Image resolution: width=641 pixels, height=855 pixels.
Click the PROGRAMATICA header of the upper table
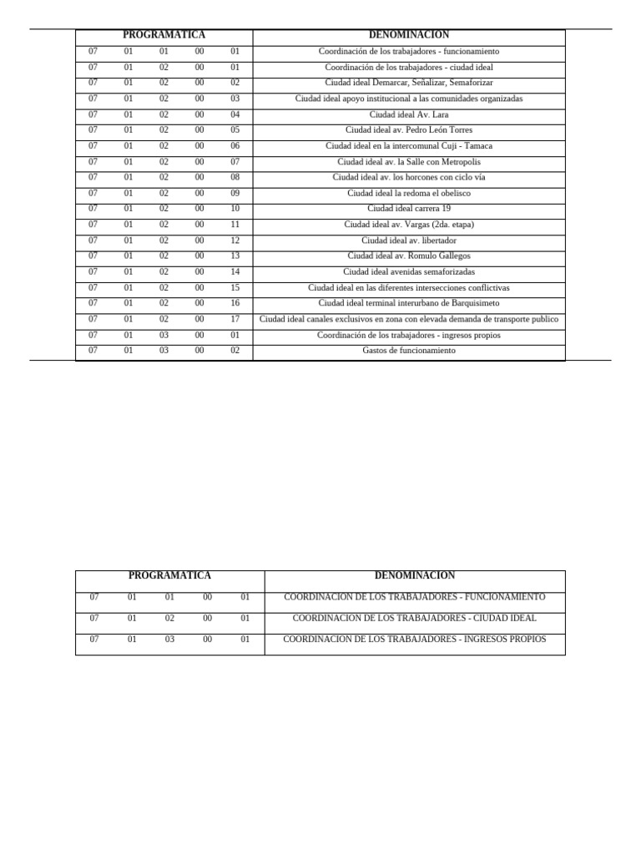tap(164, 35)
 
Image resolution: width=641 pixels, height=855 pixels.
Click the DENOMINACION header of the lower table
tap(415, 575)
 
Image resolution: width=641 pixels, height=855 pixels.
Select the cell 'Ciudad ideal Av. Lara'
tap(409, 114)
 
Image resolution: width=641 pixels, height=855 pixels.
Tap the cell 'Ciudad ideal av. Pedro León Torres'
tap(409, 130)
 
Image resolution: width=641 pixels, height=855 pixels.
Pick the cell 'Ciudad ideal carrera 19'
tap(409, 209)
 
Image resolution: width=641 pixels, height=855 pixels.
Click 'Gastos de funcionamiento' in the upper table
tap(409, 351)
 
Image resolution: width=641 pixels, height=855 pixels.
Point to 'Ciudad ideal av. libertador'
tap(409, 240)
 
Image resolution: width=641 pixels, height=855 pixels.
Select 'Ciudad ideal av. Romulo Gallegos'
tap(409, 255)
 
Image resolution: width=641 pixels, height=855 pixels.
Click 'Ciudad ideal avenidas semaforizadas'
tap(409, 271)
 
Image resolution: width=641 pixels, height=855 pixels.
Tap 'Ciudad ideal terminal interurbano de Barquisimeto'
tap(409, 303)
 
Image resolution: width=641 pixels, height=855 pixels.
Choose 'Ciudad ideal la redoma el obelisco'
tap(409, 193)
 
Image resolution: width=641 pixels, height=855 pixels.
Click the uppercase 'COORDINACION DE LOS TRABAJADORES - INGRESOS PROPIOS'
tap(415, 640)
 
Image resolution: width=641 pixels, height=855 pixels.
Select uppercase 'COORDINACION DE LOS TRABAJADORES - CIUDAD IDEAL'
tap(415, 619)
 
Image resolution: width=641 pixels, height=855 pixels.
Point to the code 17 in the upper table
tap(235, 319)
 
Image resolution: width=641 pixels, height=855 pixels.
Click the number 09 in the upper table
tap(235, 193)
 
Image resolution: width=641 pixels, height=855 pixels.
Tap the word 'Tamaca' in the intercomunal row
tap(477, 146)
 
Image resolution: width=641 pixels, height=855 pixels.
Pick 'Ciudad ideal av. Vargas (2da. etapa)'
tap(409, 225)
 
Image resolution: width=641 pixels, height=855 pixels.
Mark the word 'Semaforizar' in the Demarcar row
tap(470, 83)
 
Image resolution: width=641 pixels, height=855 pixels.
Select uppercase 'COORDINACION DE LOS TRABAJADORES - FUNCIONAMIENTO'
tap(415, 598)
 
